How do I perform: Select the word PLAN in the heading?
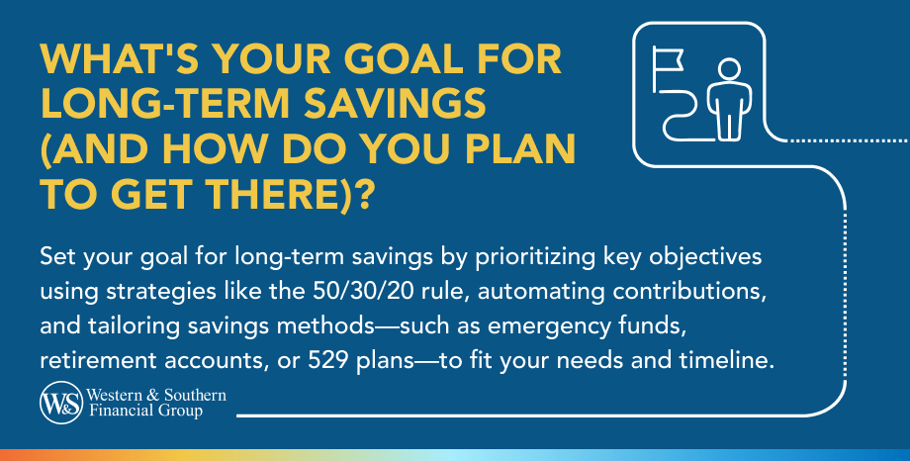(515, 149)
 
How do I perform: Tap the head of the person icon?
(728, 69)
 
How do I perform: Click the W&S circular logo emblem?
(61, 403)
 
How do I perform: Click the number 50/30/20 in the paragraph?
(362, 291)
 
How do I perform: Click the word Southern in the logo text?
(196, 396)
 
